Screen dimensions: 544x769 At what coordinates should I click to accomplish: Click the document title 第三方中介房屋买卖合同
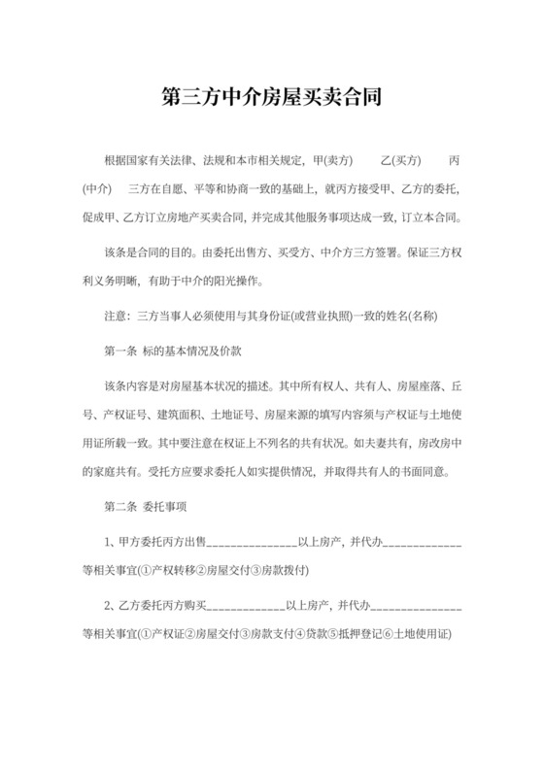(271, 98)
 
